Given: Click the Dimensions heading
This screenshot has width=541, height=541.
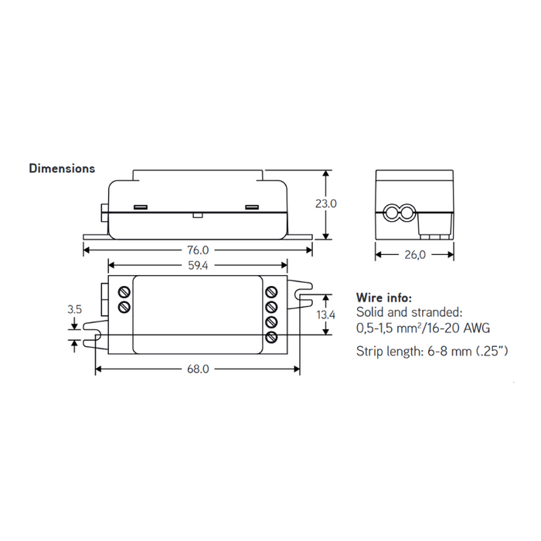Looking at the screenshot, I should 62,168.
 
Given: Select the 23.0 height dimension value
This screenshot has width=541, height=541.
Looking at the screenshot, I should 326,204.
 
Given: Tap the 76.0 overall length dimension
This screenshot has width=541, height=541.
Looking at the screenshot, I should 197,250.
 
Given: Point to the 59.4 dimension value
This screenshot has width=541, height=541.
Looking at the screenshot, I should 198,265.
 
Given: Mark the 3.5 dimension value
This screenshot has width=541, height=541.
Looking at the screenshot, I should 74,308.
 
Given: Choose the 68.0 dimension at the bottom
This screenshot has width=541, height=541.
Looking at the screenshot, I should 198,369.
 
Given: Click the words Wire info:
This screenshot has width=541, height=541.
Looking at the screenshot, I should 384,298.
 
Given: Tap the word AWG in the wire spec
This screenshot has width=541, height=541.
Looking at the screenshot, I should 475,328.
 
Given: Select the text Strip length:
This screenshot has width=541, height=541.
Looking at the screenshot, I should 390,352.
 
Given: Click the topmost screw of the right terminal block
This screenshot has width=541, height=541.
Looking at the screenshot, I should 271,291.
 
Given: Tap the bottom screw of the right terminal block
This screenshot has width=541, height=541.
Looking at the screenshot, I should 271,337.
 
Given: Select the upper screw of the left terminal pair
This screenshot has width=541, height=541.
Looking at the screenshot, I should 124,291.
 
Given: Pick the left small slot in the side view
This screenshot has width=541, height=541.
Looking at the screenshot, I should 141,207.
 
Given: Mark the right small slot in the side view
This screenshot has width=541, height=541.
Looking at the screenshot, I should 251,207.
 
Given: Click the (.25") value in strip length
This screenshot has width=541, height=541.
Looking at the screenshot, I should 490,352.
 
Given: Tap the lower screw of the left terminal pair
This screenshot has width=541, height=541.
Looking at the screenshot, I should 124,307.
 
